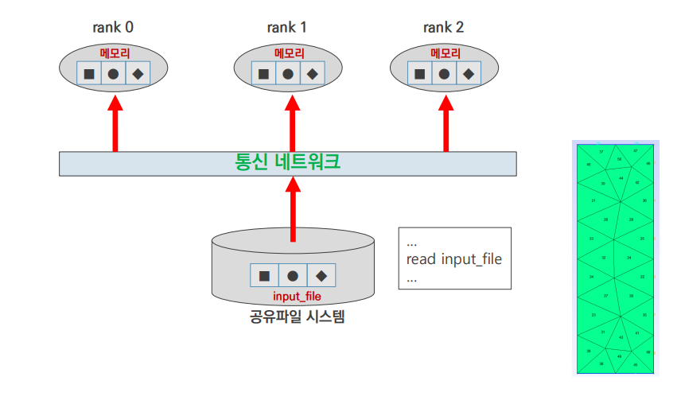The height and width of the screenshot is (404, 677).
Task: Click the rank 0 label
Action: [113, 27]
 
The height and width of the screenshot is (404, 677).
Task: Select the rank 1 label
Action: [287, 27]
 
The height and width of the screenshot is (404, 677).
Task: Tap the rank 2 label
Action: [443, 27]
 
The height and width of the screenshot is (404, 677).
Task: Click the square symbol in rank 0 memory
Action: [89, 75]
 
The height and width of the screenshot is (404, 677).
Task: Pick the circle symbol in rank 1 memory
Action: [288, 75]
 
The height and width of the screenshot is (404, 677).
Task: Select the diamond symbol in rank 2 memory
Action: [469, 75]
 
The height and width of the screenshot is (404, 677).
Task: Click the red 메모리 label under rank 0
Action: [114, 54]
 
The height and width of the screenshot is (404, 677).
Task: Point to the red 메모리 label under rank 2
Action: [445, 54]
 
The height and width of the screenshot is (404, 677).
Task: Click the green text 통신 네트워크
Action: [288, 162]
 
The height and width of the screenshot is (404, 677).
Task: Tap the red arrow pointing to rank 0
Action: [115, 123]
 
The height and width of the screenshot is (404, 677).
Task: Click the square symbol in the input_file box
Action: [264, 276]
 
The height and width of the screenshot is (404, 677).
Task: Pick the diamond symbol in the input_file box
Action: [321, 276]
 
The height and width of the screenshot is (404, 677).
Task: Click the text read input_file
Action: [453, 259]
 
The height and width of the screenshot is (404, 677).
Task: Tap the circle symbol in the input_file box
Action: [293, 276]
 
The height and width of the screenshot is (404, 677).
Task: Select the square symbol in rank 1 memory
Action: [263, 75]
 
